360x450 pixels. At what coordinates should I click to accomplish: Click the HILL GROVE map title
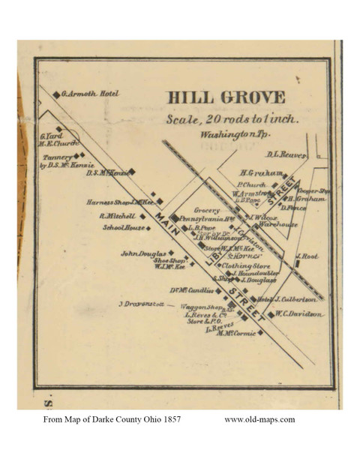(x=224, y=97)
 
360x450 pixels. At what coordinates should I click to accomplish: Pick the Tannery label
(x=56, y=157)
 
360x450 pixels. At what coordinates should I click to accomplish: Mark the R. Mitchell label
(x=115, y=216)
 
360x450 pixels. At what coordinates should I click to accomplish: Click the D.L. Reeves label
(x=286, y=155)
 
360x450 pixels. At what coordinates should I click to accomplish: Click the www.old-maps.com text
(x=259, y=419)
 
